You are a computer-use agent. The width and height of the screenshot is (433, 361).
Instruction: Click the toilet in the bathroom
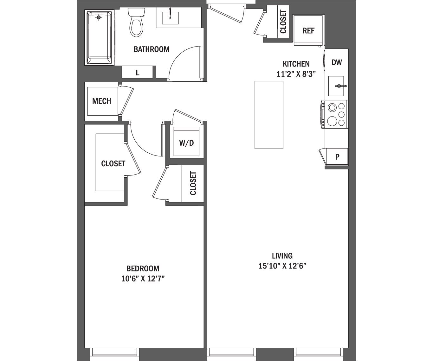click(x=136, y=24)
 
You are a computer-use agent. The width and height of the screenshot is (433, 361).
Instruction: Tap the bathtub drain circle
click(x=99, y=18)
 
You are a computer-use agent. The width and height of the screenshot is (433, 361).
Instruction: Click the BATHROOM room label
click(x=151, y=49)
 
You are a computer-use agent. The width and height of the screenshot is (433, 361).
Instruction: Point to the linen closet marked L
click(x=138, y=73)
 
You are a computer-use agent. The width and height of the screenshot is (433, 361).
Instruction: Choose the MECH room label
click(x=101, y=101)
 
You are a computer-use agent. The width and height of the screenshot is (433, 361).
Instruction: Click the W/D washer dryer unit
click(x=186, y=142)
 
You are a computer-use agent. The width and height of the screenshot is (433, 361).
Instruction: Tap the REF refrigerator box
click(x=308, y=31)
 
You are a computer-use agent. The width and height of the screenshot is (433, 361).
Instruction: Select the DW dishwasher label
click(x=337, y=62)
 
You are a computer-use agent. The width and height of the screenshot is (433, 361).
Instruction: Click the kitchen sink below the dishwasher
click(x=338, y=86)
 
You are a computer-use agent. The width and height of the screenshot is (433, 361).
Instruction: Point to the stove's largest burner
click(x=332, y=121)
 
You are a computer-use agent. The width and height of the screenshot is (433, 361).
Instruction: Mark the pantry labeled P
click(x=337, y=157)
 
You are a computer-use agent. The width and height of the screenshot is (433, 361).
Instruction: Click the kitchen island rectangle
click(x=269, y=115)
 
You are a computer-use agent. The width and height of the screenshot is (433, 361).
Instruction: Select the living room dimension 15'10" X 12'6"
click(x=282, y=266)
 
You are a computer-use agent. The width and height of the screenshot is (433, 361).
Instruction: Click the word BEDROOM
click(x=143, y=269)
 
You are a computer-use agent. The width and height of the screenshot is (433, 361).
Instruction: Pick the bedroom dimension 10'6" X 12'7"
click(x=143, y=279)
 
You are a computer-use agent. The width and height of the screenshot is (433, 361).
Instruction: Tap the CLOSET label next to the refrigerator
click(x=283, y=22)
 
